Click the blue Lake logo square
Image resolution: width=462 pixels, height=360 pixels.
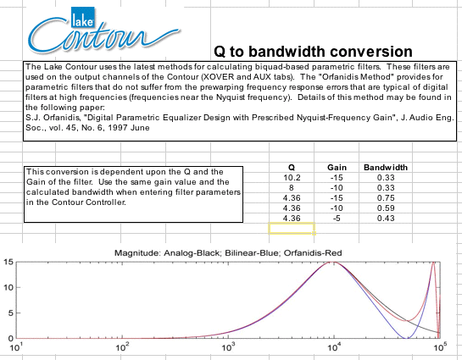pyautogui.click(x=83, y=18)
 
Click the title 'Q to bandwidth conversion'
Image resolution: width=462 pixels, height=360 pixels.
pyautogui.click(x=313, y=52)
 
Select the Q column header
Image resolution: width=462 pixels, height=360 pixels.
pyautogui.click(x=291, y=168)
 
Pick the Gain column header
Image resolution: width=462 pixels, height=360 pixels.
pyautogui.click(x=337, y=168)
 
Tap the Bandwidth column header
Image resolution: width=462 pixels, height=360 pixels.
pyautogui.click(x=386, y=168)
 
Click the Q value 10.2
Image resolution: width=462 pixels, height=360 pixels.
pyautogui.click(x=292, y=178)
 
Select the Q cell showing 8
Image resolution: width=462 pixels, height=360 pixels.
pyautogui.click(x=292, y=188)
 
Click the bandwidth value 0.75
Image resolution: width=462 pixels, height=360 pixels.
pyautogui.click(x=386, y=198)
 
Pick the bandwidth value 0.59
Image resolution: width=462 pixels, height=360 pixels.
pyautogui.click(x=386, y=208)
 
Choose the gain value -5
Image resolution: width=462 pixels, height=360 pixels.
pyautogui.click(x=337, y=219)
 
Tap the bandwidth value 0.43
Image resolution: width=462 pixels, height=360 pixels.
pyautogui.click(x=386, y=219)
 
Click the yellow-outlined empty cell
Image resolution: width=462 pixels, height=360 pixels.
pyautogui.click(x=292, y=229)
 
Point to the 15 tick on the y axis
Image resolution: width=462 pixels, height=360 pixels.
pyautogui.click(x=8, y=262)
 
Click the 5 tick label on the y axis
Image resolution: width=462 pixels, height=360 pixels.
pyautogui.click(x=11, y=313)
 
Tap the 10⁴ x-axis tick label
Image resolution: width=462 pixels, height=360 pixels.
pyautogui.click(x=334, y=347)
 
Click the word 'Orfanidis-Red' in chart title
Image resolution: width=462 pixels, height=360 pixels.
pyautogui.click(x=313, y=253)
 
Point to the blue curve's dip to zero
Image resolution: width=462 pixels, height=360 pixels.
pyautogui.click(x=408, y=338)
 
